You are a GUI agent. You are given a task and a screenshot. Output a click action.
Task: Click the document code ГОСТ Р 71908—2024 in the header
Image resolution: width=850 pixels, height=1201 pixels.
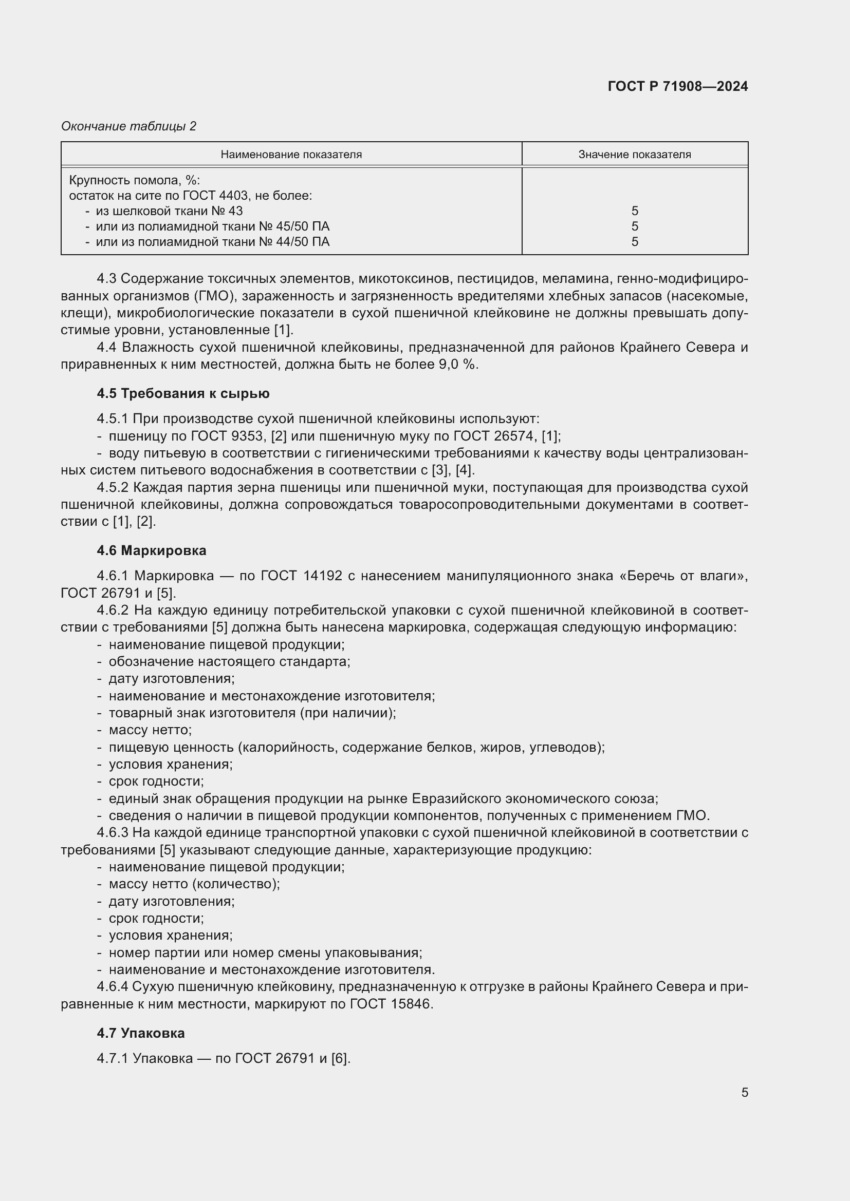point(677,86)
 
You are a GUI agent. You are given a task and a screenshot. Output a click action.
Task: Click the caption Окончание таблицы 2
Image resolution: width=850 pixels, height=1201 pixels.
point(128,126)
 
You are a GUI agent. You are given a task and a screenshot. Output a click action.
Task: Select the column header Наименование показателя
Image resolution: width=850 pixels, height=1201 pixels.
point(291,155)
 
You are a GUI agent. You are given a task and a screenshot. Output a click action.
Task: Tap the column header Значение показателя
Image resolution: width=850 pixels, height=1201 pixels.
point(634,155)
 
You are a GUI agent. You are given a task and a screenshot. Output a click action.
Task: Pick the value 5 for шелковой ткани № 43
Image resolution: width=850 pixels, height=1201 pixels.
point(634,211)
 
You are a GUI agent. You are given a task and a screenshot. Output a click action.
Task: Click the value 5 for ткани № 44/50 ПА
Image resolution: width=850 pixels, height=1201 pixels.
point(634,242)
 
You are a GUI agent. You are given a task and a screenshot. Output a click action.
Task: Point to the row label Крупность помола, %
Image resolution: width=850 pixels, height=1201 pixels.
point(135,180)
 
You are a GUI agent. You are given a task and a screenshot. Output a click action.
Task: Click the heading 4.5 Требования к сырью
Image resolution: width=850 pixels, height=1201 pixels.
point(183,393)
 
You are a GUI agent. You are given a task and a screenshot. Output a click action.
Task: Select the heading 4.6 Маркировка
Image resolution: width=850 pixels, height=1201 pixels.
point(151,550)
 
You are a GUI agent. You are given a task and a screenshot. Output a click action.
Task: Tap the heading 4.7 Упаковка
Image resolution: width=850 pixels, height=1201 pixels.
point(141,1033)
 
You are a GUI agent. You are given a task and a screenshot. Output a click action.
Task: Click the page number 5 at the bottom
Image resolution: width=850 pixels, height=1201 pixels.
point(744,1092)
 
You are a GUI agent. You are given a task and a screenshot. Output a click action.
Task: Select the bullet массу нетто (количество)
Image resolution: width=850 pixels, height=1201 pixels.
point(194,884)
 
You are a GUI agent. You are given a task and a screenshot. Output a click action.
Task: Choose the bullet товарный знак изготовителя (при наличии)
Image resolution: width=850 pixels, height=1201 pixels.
point(252,713)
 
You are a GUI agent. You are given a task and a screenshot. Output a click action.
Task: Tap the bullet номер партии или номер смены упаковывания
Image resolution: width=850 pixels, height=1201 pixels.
point(265,952)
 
